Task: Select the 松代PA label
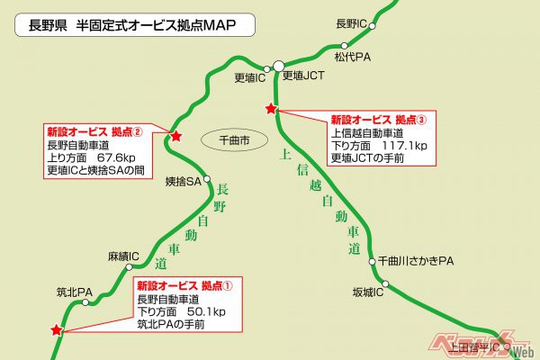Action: (x=350, y=57)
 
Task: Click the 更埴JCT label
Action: (x=303, y=77)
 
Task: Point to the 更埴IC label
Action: (x=249, y=77)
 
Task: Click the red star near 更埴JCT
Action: (x=270, y=109)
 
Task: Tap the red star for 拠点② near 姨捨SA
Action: (x=175, y=137)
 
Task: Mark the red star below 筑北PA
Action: (x=57, y=330)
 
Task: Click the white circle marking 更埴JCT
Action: (x=279, y=66)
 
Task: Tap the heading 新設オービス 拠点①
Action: (x=184, y=284)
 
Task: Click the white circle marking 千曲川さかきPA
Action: (x=373, y=262)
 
